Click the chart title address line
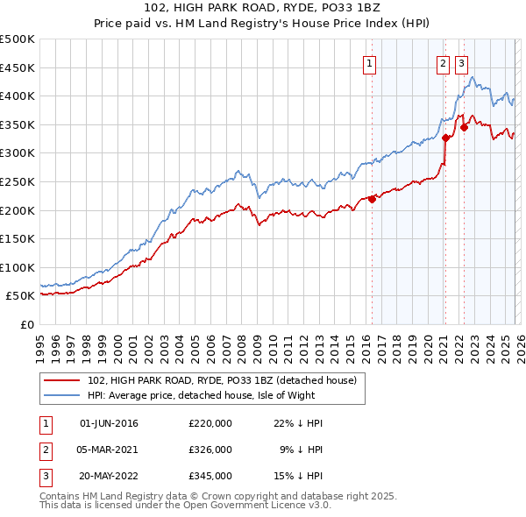tap(263, 8)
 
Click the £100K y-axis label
tap(18, 267)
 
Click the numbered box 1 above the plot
tap(369, 63)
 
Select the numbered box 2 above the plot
tap(444, 63)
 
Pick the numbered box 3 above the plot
tap(461, 63)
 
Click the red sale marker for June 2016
tap(372, 199)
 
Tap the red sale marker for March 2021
tap(445, 138)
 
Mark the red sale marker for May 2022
tap(464, 127)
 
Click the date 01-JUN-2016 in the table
tap(109, 423)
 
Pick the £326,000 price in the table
tap(210, 449)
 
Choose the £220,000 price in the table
tap(210, 423)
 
